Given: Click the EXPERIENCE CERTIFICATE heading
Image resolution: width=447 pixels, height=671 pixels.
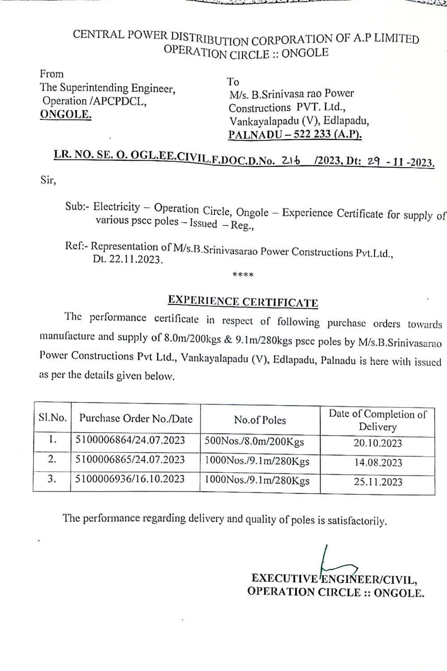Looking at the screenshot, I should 243,302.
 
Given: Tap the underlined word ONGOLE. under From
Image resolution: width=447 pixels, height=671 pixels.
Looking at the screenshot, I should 66,115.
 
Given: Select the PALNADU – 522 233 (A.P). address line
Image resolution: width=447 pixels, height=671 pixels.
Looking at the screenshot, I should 295,134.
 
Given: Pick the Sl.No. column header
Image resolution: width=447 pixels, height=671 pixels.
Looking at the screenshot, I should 52,418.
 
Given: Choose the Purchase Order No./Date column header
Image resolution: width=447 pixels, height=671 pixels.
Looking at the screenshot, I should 135,419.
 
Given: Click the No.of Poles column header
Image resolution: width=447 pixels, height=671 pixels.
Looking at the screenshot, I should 260,420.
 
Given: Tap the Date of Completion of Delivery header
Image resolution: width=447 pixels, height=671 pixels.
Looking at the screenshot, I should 378,420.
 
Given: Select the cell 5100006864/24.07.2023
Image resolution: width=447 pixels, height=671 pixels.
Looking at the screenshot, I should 130,440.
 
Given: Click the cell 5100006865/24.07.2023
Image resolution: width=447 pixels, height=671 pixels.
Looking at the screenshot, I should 130,459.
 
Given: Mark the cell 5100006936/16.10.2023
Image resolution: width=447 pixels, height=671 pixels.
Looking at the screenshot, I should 130,479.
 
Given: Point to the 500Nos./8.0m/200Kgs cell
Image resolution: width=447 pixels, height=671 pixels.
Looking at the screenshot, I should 254,442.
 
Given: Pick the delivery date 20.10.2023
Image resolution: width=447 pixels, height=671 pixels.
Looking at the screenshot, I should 378,443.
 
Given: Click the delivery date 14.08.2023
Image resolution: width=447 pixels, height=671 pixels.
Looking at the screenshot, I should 378,463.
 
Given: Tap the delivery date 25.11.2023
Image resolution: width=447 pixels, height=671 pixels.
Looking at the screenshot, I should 378,482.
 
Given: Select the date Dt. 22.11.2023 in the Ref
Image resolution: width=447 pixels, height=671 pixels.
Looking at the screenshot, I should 128,259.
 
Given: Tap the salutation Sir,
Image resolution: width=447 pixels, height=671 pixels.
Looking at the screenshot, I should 48,181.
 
